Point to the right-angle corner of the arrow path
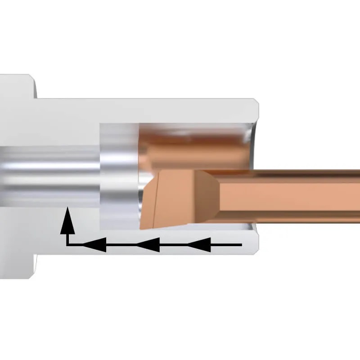pyautogui.click(x=67, y=245)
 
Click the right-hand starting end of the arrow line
pyautogui.click(x=241, y=245)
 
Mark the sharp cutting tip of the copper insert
pyautogui.click(x=141, y=227)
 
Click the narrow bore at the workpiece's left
pyautogui.click(x=49, y=175)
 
